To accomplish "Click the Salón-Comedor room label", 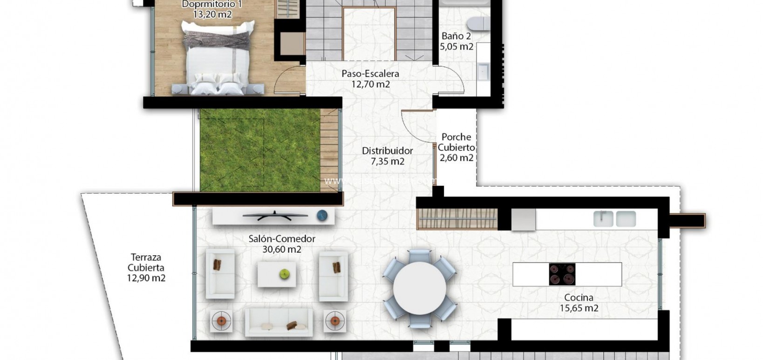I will tap(282, 238).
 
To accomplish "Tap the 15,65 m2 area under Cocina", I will tap(579, 308).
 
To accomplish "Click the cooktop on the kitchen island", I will tap(562, 274).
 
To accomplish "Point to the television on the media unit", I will tap(275, 215).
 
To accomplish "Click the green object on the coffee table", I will tap(285, 274).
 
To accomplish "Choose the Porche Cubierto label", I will tap(456, 142).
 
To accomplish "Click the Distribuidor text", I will tap(387, 150).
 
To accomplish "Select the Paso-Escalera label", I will tap(370, 74).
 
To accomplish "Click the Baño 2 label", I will tap(456, 36).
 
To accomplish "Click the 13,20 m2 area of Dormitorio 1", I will tap(212, 14).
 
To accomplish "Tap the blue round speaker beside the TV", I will tap(322, 215).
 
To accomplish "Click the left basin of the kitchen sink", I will tap(603, 218).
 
